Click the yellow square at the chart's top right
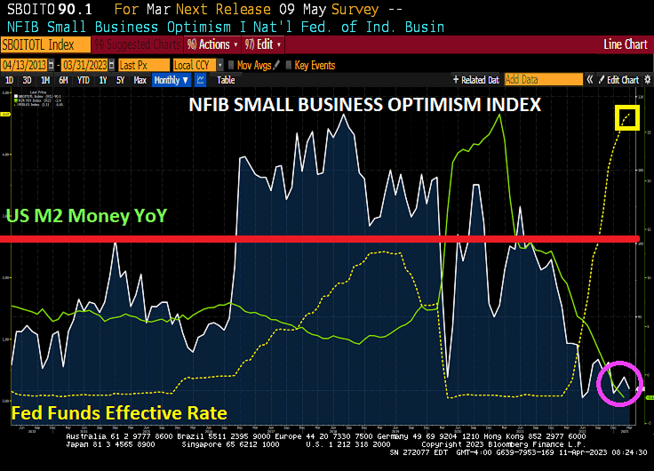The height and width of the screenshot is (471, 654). tap(627, 116)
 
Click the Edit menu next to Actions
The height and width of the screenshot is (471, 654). tap(265, 44)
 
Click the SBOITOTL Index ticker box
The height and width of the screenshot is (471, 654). tap(45, 44)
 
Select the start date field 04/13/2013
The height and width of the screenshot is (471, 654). tap(25, 65)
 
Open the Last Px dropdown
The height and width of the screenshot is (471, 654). tap(141, 65)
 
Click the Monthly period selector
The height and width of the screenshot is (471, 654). tap(171, 80)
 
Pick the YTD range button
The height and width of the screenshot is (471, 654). tap(84, 80)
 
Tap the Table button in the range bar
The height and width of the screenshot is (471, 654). tap(226, 80)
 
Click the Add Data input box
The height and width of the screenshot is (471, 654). tap(541, 80)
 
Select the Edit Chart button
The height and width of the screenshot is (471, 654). tap(622, 80)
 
